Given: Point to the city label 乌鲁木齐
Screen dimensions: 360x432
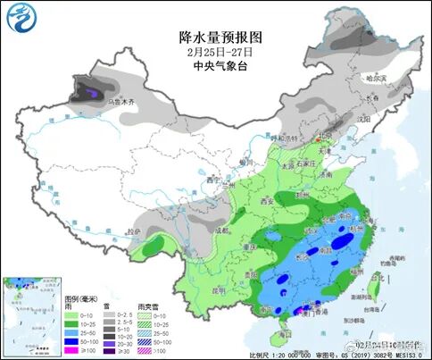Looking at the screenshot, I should (x=120, y=104).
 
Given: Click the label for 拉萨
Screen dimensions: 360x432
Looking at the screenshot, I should (x=135, y=231).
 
